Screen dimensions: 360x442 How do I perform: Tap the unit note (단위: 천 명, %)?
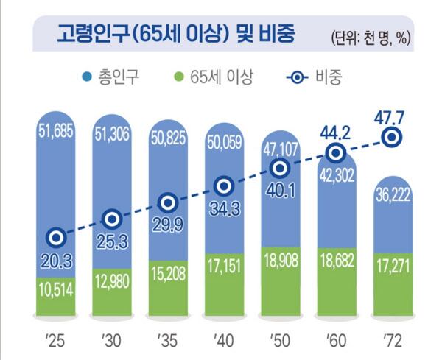(372, 37)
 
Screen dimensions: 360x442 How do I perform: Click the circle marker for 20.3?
(56, 237)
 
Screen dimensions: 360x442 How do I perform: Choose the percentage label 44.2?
(335, 133)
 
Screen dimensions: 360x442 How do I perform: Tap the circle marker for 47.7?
(392, 136)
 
